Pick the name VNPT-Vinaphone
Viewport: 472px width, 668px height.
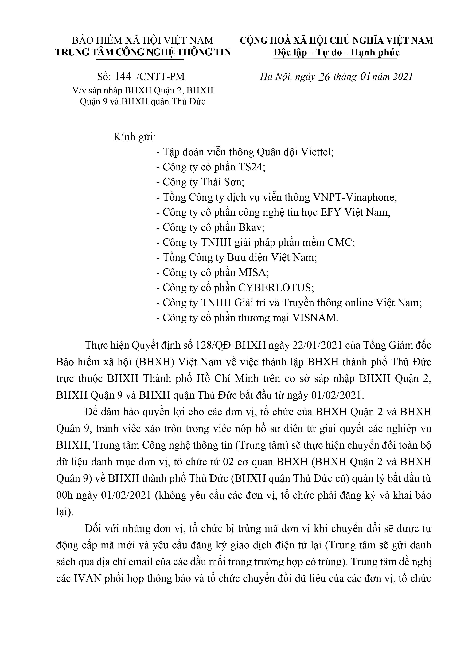pos(355,197)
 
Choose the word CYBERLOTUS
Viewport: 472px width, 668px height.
pos(275,287)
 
